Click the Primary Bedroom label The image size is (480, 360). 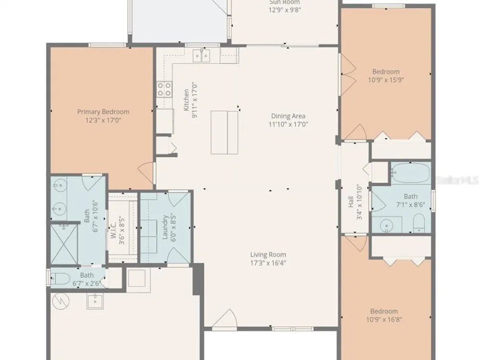[x=103, y=112]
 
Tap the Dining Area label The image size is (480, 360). [x=288, y=116]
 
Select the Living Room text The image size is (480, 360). [x=268, y=254]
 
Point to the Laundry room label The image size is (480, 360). [x=165, y=227]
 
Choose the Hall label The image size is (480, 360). [x=351, y=202]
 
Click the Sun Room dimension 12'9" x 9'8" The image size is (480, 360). [x=285, y=10]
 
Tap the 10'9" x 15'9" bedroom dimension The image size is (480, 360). [x=386, y=80]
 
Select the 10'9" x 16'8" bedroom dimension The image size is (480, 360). [x=384, y=320]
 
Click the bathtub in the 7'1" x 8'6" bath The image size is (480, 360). [x=411, y=173]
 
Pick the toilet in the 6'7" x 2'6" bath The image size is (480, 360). [x=59, y=279]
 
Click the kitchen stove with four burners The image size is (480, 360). [x=164, y=89]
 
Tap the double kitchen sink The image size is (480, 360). [x=201, y=56]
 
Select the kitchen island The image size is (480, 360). [x=224, y=132]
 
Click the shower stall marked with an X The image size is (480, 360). [x=64, y=245]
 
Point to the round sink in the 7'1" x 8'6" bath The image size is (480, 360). [x=386, y=226]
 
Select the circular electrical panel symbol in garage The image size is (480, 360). [x=61, y=301]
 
